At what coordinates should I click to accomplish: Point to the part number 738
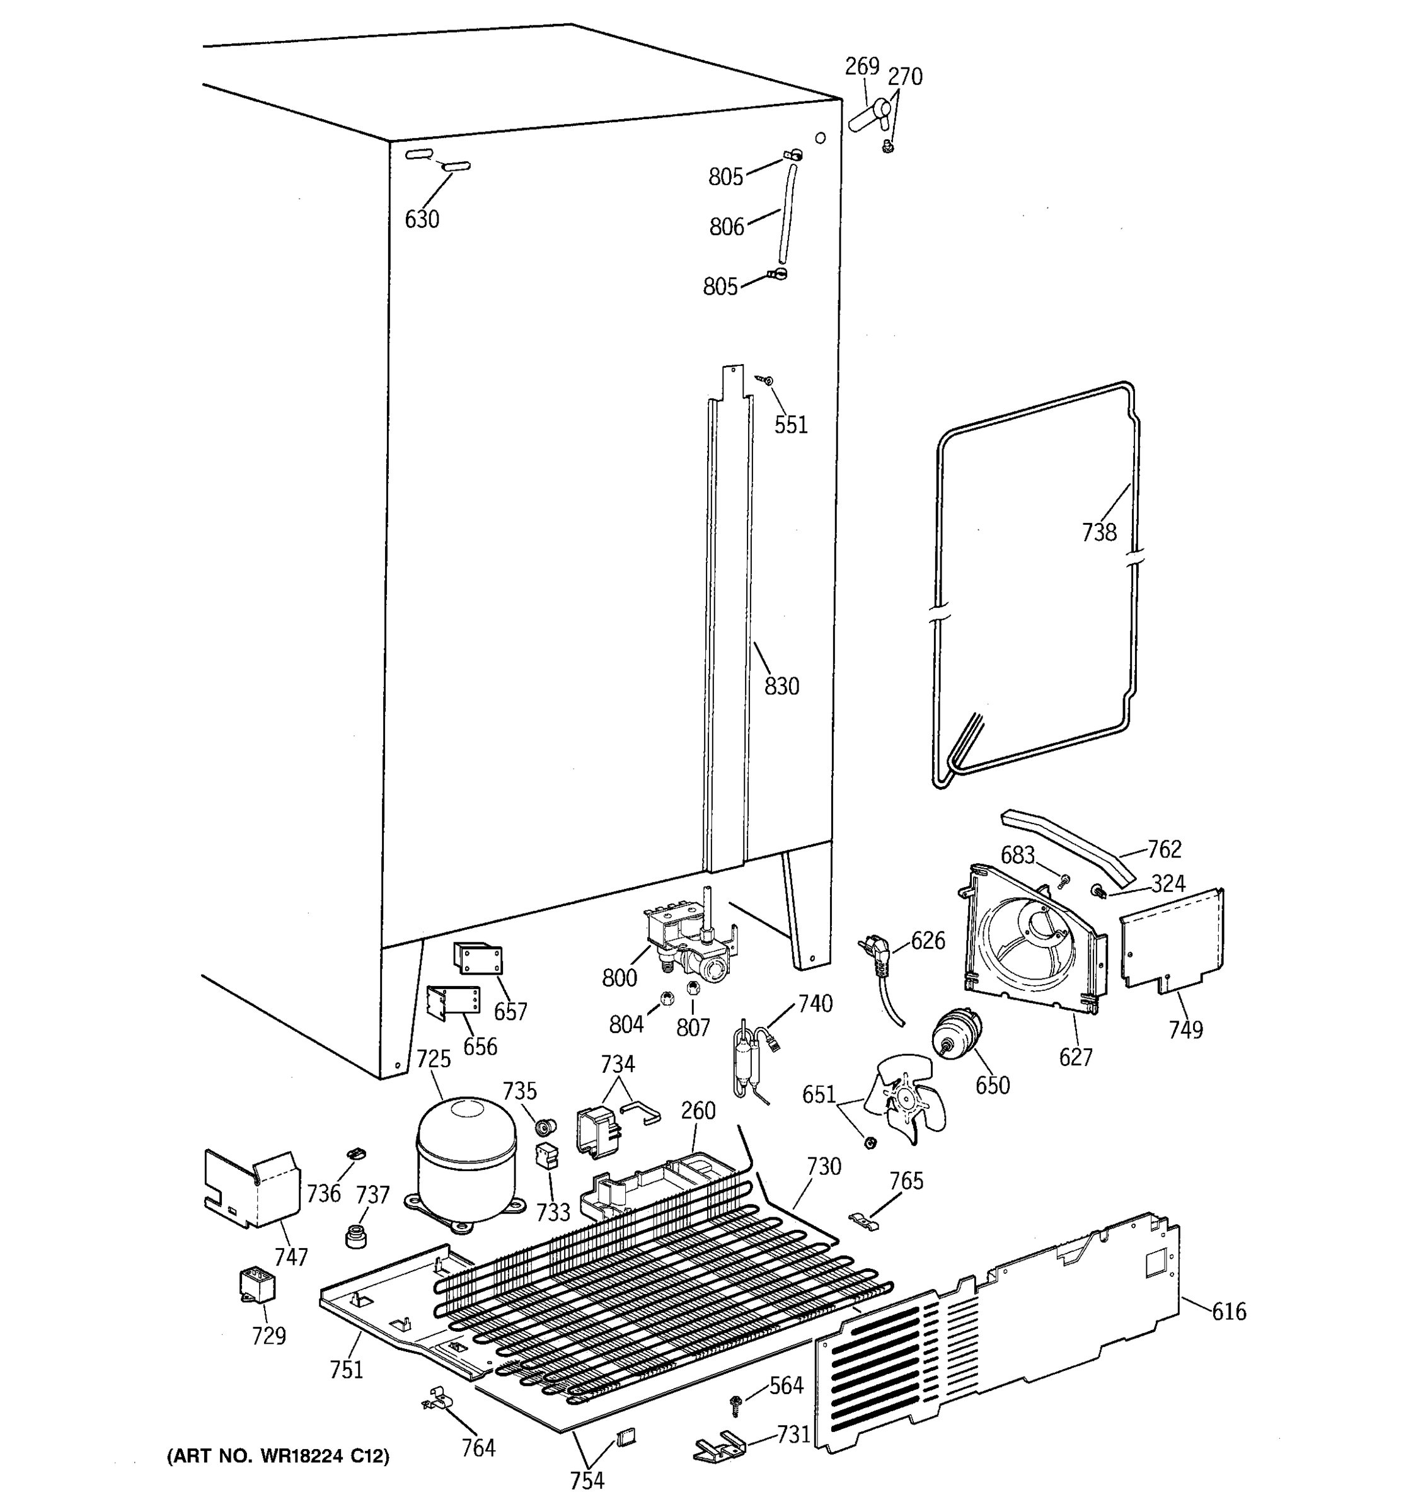pyautogui.click(x=1098, y=532)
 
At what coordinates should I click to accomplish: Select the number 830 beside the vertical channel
pyautogui.click(x=781, y=686)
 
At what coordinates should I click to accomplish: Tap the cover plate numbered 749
pyautogui.click(x=1172, y=940)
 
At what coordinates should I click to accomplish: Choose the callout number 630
pyautogui.click(x=422, y=219)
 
